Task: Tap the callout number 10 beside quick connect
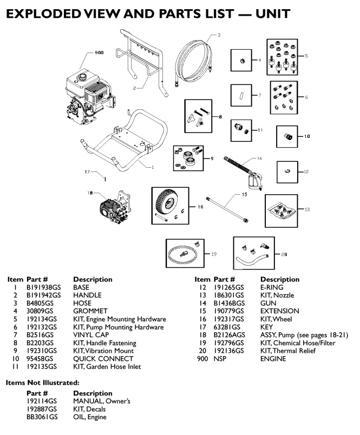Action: (x=306, y=136)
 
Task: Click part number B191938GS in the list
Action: (x=43, y=287)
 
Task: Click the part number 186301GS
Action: (x=228, y=295)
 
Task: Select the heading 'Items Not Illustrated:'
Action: (x=42, y=383)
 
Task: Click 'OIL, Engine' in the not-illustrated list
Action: (x=90, y=417)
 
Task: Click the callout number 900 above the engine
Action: (x=99, y=52)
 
